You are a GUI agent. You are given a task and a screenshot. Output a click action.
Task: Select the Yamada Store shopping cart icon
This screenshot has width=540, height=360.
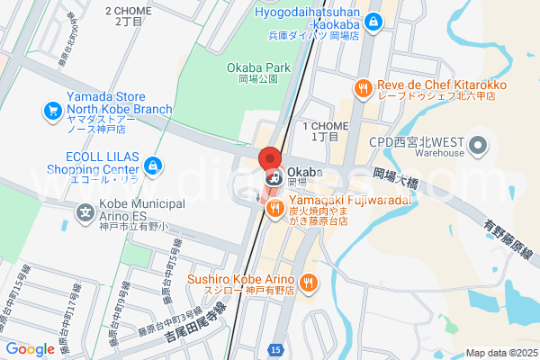[51, 112]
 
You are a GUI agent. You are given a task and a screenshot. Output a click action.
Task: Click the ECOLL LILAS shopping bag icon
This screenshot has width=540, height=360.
[154, 165]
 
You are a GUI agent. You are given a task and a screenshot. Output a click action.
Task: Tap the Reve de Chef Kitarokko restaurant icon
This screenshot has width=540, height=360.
[362, 87]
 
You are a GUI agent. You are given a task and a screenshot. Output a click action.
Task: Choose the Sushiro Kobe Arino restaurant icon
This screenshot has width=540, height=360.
[308, 283]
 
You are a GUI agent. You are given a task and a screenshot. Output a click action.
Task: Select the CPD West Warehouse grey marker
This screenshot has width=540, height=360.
[478, 145]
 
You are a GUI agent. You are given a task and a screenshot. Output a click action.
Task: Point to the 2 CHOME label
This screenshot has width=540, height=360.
[130, 15]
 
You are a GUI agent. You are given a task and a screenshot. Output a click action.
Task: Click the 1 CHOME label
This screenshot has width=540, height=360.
[325, 130]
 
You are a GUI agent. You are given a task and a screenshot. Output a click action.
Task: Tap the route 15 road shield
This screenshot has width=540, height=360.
[274, 348]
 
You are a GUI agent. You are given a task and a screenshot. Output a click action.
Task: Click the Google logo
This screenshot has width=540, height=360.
[31, 349]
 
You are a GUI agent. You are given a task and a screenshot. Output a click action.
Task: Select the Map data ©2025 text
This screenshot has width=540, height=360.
[501, 353]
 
